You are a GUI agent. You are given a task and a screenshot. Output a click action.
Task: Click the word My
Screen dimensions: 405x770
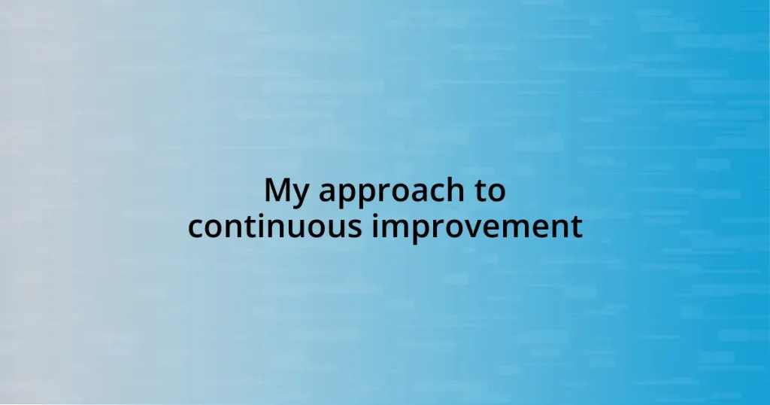(x=286, y=192)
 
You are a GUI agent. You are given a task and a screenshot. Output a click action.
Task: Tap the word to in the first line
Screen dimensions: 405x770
(x=489, y=191)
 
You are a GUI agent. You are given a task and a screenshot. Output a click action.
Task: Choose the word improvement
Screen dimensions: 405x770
(x=477, y=227)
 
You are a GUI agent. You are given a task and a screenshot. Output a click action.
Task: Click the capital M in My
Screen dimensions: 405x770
(x=278, y=190)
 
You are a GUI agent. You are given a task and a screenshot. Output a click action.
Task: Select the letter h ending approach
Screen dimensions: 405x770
(x=448, y=190)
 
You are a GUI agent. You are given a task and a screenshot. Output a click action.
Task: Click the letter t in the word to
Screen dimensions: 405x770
(x=479, y=192)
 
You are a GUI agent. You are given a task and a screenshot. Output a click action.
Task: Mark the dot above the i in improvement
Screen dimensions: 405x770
(x=376, y=214)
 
